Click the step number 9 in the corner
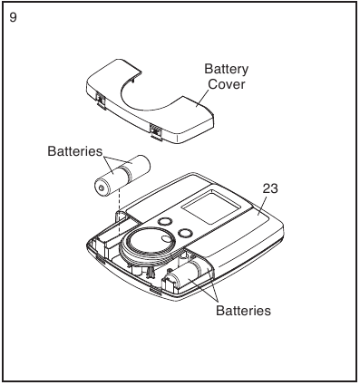point(13,17)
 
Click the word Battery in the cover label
point(226,69)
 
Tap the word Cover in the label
point(227,84)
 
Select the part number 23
point(270,188)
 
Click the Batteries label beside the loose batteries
point(75,151)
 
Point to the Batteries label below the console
point(243,311)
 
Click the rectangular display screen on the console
point(212,207)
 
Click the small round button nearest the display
point(185,233)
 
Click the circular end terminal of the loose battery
point(102,188)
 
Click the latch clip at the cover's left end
point(100,100)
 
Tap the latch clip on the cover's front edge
point(156,131)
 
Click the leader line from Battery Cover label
point(203,98)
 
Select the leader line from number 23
point(262,206)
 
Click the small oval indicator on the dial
point(165,238)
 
